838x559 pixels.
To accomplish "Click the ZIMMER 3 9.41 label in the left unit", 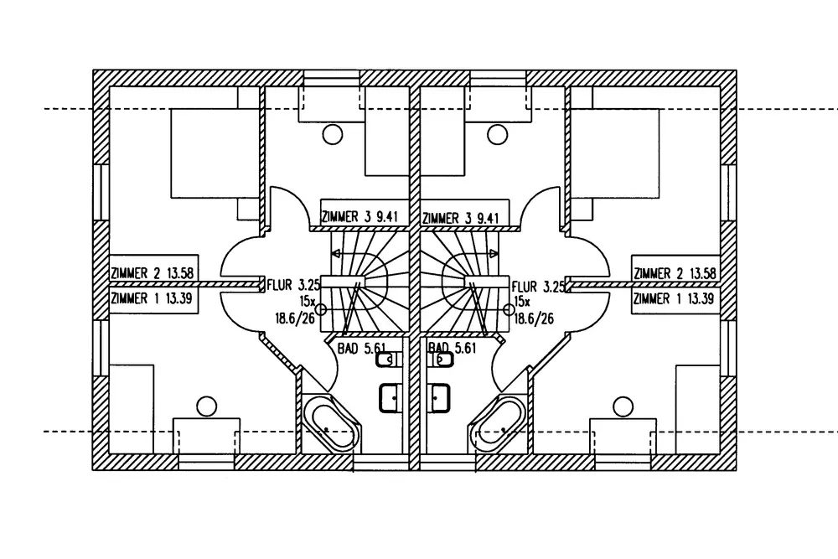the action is point(360,218).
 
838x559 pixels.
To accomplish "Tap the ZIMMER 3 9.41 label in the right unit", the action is point(462,218).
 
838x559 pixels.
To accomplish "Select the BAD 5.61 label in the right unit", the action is point(453,345).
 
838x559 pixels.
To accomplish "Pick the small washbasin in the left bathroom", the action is point(386,360).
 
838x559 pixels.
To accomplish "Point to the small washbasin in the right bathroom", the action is point(443,360).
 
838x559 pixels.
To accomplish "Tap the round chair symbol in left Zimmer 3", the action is point(334,132).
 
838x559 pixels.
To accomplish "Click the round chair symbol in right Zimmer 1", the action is point(623,406).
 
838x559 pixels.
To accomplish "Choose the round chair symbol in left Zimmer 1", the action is point(206,406).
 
